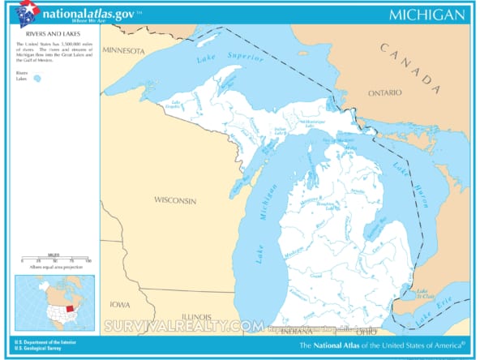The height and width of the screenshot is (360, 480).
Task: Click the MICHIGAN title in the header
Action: [426, 15]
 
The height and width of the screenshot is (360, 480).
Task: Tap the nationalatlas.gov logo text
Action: [88, 13]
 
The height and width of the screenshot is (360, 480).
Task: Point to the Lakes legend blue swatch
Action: [36, 79]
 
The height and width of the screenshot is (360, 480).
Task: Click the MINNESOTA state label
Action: [123, 50]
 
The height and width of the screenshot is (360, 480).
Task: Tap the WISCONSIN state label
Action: [175, 199]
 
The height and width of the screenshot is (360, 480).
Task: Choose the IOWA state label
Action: [121, 305]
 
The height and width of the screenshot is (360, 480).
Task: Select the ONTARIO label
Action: [385, 92]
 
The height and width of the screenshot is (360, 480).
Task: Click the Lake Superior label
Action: [229, 59]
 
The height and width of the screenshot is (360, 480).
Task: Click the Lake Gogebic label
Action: [174, 104]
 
